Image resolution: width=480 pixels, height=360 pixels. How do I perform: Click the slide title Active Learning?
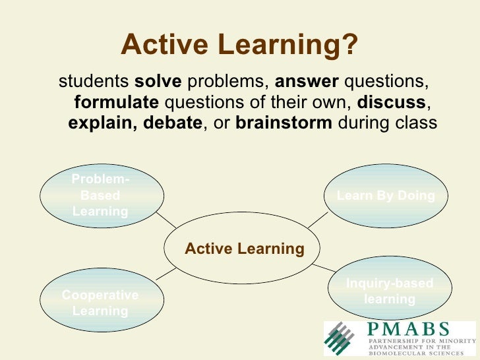tap(240, 45)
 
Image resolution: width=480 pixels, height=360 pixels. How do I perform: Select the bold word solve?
tap(158, 81)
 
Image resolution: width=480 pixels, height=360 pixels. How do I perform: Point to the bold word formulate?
tap(116, 102)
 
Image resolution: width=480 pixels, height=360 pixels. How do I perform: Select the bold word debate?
tap(173, 123)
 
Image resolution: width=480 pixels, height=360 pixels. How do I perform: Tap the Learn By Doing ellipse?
tap(386, 195)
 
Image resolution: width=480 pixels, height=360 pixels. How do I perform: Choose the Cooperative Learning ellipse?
tap(100, 303)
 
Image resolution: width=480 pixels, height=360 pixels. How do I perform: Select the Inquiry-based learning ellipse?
tap(389, 291)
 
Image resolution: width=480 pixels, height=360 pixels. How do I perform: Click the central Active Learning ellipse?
tap(244, 249)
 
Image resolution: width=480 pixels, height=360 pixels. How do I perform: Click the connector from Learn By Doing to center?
tap(319, 220)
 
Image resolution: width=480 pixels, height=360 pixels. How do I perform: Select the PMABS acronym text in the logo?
tap(409, 328)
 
